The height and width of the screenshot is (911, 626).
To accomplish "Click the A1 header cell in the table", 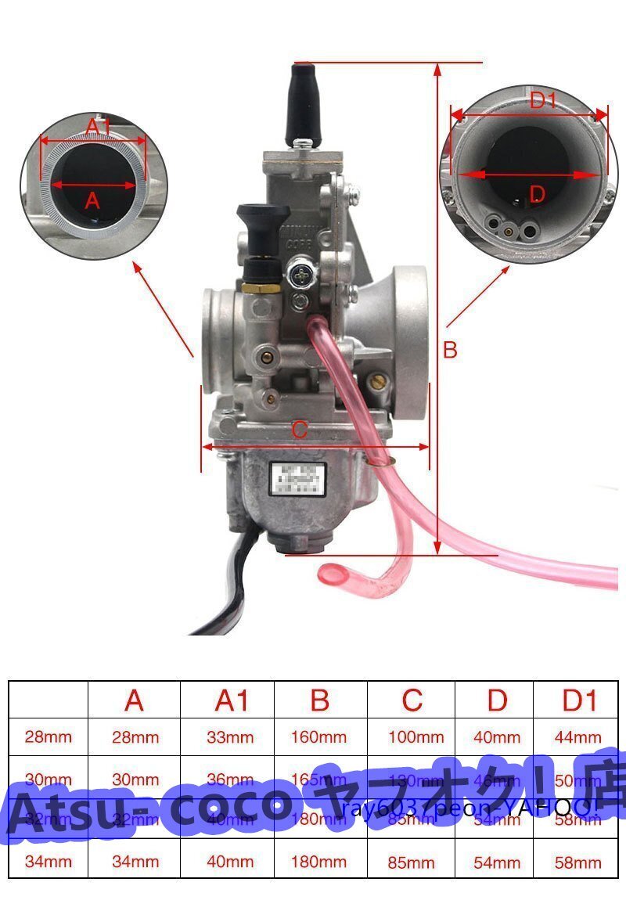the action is coord(231,700).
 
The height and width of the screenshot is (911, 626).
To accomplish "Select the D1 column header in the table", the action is coord(580,700).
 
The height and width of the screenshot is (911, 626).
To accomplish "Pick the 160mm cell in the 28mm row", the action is coord(319,737).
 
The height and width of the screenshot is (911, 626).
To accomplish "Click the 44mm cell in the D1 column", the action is coord(580,737).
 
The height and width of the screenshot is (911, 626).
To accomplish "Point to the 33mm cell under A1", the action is coord(231,737).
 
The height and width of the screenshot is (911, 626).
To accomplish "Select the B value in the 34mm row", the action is coord(319,862).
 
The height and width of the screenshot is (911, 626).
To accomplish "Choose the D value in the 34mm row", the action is coord(498,862).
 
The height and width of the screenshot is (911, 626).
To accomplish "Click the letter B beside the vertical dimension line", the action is coord(450,350).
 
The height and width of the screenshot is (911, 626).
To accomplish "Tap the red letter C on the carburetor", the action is coord(300,429).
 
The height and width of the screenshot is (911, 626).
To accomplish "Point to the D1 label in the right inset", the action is coord(542,101).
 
